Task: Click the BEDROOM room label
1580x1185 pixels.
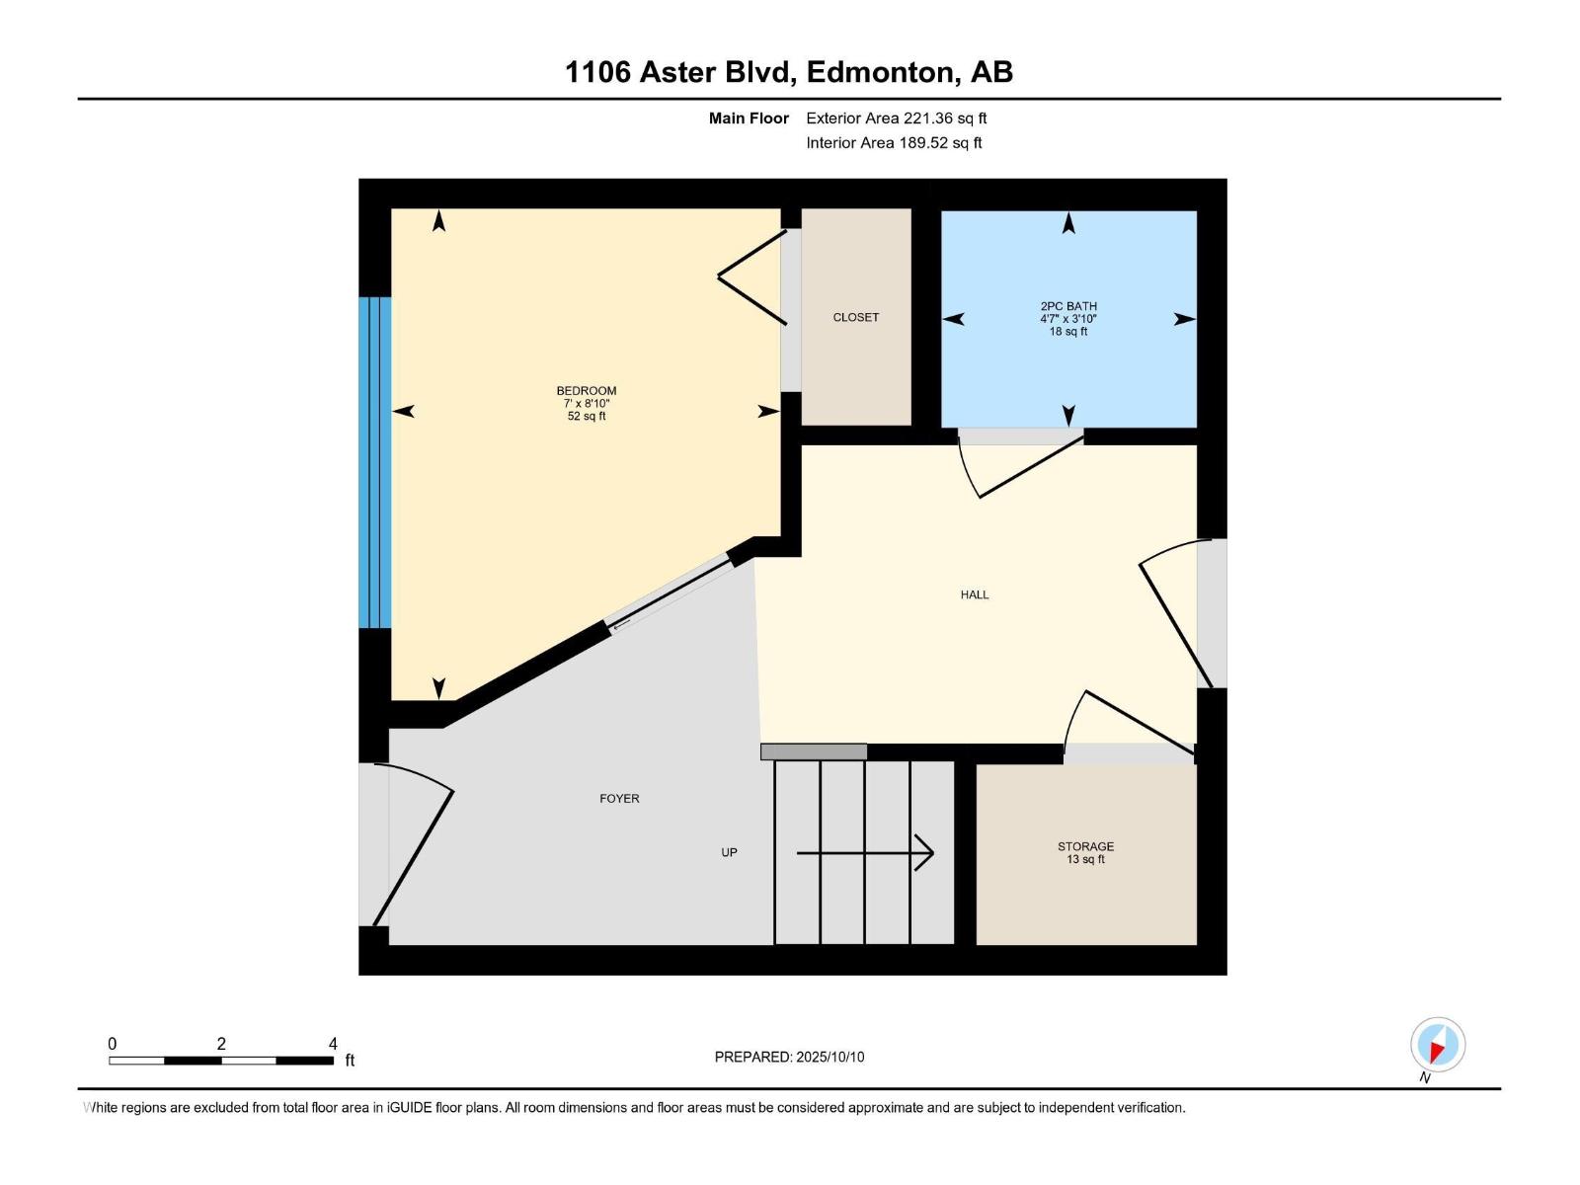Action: pos(586,391)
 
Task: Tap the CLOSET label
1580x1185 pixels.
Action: pos(855,318)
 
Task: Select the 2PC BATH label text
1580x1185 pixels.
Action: pos(1068,307)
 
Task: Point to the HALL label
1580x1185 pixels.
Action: pos(975,594)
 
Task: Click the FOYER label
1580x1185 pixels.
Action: pos(619,799)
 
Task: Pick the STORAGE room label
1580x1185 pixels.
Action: pos(1085,847)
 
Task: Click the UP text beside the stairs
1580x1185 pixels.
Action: pos(729,852)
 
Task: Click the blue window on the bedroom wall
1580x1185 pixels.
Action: pos(375,462)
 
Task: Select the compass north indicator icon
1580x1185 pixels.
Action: pos(1437,1045)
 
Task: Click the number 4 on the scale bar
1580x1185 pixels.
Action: pos(333,1044)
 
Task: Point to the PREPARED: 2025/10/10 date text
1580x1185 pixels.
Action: pos(789,1057)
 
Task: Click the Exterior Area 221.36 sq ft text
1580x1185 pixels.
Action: pos(896,118)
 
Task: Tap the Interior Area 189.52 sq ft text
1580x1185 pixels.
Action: pos(894,143)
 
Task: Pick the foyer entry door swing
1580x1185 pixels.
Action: pos(415,849)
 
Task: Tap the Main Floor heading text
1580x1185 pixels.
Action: pos(749,118)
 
